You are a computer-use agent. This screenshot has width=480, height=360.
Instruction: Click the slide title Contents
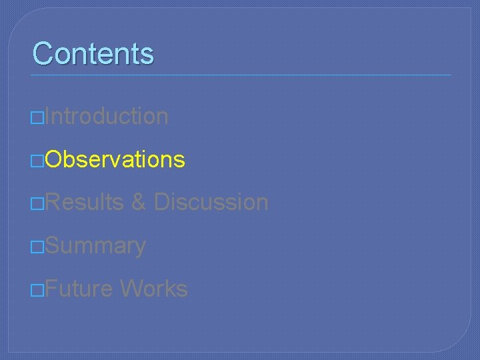[93, 53]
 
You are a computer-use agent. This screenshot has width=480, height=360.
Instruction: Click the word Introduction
[107, 116]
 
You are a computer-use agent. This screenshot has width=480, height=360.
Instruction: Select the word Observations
[115, 159]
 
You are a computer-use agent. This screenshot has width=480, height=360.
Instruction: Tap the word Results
[85, 202]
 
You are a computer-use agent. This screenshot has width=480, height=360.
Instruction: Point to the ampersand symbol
[139, 202]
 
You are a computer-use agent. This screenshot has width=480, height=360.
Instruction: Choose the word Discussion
[211, 202]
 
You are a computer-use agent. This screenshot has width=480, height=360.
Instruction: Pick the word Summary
[96, 246]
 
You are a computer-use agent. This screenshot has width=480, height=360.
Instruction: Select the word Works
[154, 289]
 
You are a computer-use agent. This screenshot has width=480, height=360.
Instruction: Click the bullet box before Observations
[39, 161]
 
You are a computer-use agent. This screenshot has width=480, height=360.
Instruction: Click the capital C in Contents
[43, 53]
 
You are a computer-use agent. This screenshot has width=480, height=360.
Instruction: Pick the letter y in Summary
[139, 248]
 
